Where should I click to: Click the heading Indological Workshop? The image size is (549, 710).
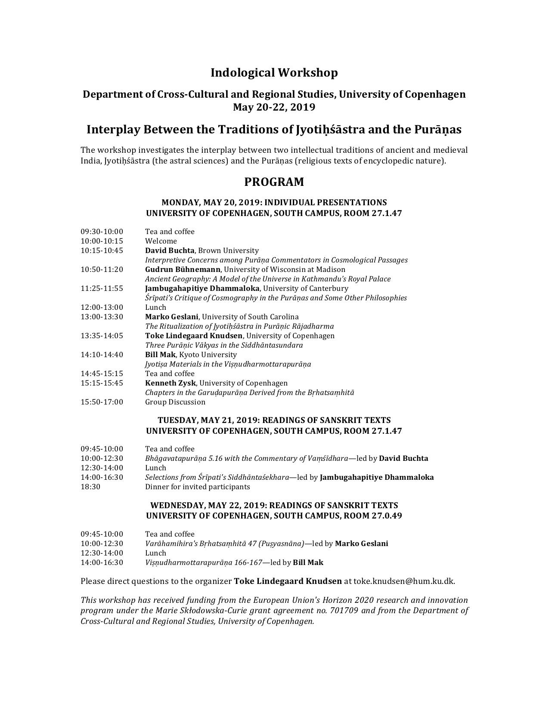[x=274, y=73]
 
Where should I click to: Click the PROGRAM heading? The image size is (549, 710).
[x=274, y=182]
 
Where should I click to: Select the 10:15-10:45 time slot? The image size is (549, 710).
[x=102, y=250]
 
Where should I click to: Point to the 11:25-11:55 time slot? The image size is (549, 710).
[x=102, y=288]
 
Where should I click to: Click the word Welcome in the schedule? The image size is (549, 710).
[x=161, y=241]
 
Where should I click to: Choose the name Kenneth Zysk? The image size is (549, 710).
[x=171, y=383]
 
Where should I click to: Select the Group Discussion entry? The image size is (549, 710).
[x=175, y=402]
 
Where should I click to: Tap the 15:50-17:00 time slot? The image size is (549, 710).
[x=102, y=402]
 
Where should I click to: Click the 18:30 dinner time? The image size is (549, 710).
[x=89, y=487]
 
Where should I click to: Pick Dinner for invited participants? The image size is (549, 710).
[x=197, y=487]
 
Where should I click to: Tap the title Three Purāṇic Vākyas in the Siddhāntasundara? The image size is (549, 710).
[x=224, y=345]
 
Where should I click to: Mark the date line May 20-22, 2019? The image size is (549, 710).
[x=274, y=107]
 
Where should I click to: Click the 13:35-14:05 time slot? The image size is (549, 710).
[x=102, y=336]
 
